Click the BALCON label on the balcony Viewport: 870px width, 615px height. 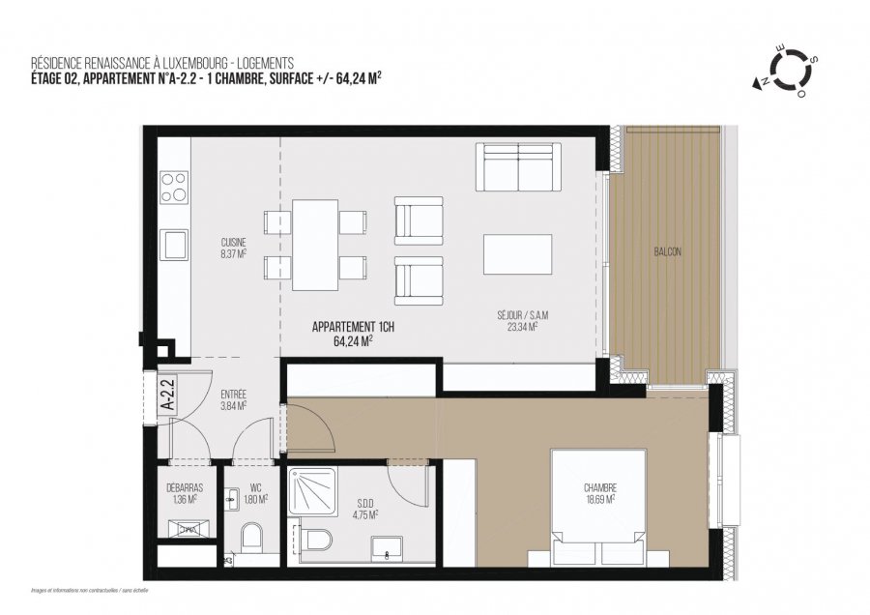(667, 251)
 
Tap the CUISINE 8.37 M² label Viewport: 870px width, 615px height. (233, 248)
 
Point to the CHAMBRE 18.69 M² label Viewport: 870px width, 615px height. (599, 492)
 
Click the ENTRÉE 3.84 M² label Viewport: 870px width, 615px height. (233, 400)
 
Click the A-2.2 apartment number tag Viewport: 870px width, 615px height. (165, 395)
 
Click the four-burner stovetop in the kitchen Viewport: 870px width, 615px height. (174, 187)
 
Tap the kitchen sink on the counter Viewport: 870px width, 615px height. (174, 243)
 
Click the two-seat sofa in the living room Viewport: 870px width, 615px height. (520, 167)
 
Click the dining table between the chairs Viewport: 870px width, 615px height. (315, 245)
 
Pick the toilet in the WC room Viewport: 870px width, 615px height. (251, 537)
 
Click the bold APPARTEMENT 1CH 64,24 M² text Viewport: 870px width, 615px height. (353, 334)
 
